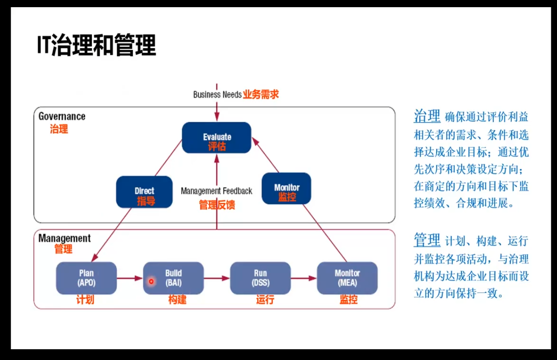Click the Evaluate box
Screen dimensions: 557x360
(x=217, y=137)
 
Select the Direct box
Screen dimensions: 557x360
(x=144, y=192)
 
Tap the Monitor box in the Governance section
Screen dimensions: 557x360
(x=286, y=189)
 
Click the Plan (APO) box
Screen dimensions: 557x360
(x=86, y=278)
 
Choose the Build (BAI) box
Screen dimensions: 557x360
(x=173, y=278)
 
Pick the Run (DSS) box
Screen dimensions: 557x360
(x=260, y=278)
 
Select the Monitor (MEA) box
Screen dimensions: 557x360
(x=347, y=278)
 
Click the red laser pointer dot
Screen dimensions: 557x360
(x=151, y=281)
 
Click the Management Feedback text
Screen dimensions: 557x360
(x=217, y=191)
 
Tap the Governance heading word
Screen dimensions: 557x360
(x=62, y=116)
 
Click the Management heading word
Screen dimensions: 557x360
(x=64, y=238)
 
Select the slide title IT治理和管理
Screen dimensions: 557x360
(x=96, y=45)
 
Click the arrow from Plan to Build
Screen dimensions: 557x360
(x=130, y=278)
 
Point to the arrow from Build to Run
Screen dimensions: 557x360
(x=217, y=278)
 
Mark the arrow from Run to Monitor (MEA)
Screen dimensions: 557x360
(x=304, y=278)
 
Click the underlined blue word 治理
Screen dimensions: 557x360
(x=427, y=116)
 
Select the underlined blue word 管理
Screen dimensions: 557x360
(x=427, y=240)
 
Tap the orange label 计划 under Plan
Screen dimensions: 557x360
(x=85, y=299)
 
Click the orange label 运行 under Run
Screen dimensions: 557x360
(x=265, y=299)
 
